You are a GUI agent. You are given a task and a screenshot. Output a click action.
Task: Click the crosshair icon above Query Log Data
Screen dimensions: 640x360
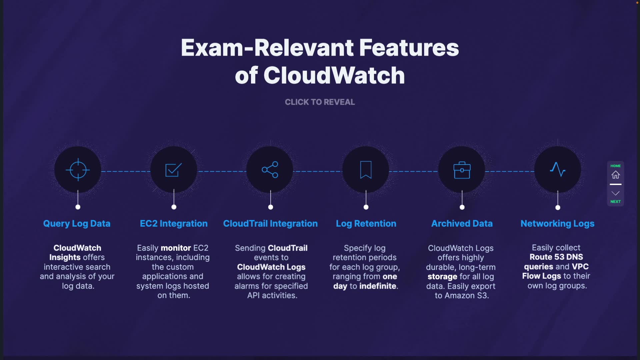pyautogui.click(x=78, y=170)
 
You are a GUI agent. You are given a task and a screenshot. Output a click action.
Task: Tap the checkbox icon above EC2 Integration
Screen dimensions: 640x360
pyautogui.click(x=174, y=170)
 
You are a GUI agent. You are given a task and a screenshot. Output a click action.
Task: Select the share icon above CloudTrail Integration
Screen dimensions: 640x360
pyautogui.click(x=270, y=170)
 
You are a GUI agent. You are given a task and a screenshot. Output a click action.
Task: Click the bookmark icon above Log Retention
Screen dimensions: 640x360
pyautogui.click(x=366, y=170)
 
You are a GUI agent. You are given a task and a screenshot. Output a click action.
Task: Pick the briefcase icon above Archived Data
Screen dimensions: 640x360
pyautogui.click(x=462, y=170)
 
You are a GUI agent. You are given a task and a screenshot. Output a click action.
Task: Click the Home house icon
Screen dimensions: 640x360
pyautogui.click(x=615, y=175)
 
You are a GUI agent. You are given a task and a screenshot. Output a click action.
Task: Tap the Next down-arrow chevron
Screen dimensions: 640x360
pyautogui.click(x=615, y=193)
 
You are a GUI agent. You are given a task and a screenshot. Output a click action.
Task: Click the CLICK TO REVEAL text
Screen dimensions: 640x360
pyautogui.click(x=320, y=102)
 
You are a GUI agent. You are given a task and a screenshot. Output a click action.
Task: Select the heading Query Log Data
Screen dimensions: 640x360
pyautogui.click(x=77, y=224)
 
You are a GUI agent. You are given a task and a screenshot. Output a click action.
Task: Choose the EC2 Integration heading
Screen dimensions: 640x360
pyautogui.click(x=174, y=224)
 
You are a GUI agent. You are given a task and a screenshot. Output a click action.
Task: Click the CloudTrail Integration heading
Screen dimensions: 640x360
pyautogui.click(x=270, y=224)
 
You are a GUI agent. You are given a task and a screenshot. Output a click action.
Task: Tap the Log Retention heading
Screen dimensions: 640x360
pyautogui.click(x=366, y=224)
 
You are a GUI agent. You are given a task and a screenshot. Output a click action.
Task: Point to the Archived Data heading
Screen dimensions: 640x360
pyautogui.click(x=462, y=224)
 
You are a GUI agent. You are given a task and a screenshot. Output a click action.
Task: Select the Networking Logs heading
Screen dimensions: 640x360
pyautogui.click(x=557, y=224)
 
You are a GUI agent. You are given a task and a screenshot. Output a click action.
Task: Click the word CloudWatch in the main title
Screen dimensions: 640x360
pyautogui.click(x=334, y=75)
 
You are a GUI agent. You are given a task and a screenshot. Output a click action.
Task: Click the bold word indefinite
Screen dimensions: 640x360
pyautogui.click(x=378, y=286)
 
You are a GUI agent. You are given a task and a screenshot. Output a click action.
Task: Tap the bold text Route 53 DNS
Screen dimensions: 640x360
pyautogui.click(x=556, y=257)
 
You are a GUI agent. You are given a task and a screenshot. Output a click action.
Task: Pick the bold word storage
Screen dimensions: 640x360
pyautogui.click(x=442, y=277)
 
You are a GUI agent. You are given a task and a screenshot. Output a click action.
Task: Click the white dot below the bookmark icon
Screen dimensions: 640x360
pyautogui.click(x=366, y=207)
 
